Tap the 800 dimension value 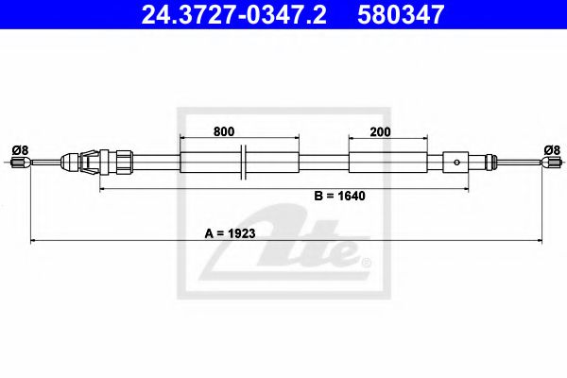click(223, 132)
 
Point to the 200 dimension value click(381, 132)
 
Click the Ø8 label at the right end click(552, 148)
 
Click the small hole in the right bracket click(457, 162)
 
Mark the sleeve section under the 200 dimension click(381, 162)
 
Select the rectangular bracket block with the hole click(457, 162)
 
